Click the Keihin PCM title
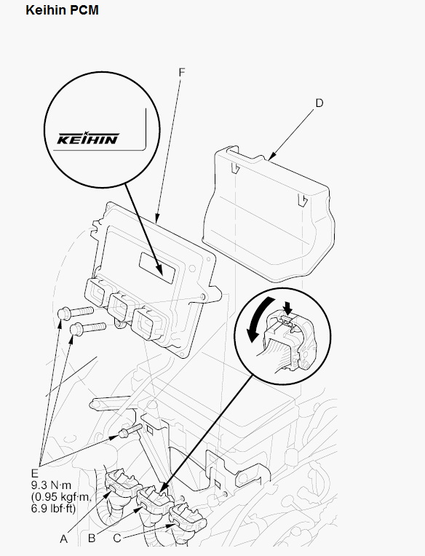(x=62, y=10)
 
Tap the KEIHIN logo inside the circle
(x=88, y=138)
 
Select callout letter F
(x=182, y=72)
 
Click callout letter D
(x=319, y=103)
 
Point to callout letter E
(x=34, y=473)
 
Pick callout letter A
(x=63, y=539)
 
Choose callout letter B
(x=92, y=539)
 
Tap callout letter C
(x=117, y=539)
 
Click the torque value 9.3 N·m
(x=51, y=485)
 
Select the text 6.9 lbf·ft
(x=54, y=509)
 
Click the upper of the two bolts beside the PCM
(x=75, y=313)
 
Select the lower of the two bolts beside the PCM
(x=88, y=328)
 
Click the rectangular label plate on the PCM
(x=157, y=268)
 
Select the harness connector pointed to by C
(x=187, y=518)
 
